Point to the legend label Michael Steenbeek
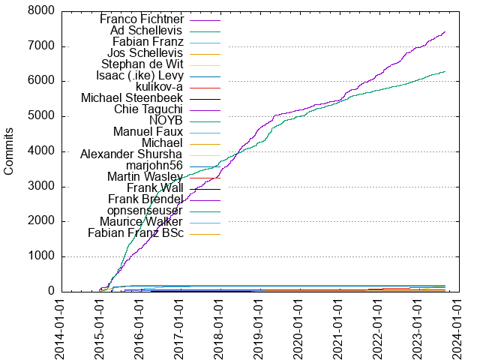(x=132, y=98)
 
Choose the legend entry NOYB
(x=166, y=121)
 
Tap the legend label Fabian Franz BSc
(x=136, y=233)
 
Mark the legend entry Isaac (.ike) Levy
(x=139, y=76)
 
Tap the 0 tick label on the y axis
(x=49, y=291)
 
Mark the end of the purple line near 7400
(x=445, y=31)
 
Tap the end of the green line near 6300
(x=445, y=71)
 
